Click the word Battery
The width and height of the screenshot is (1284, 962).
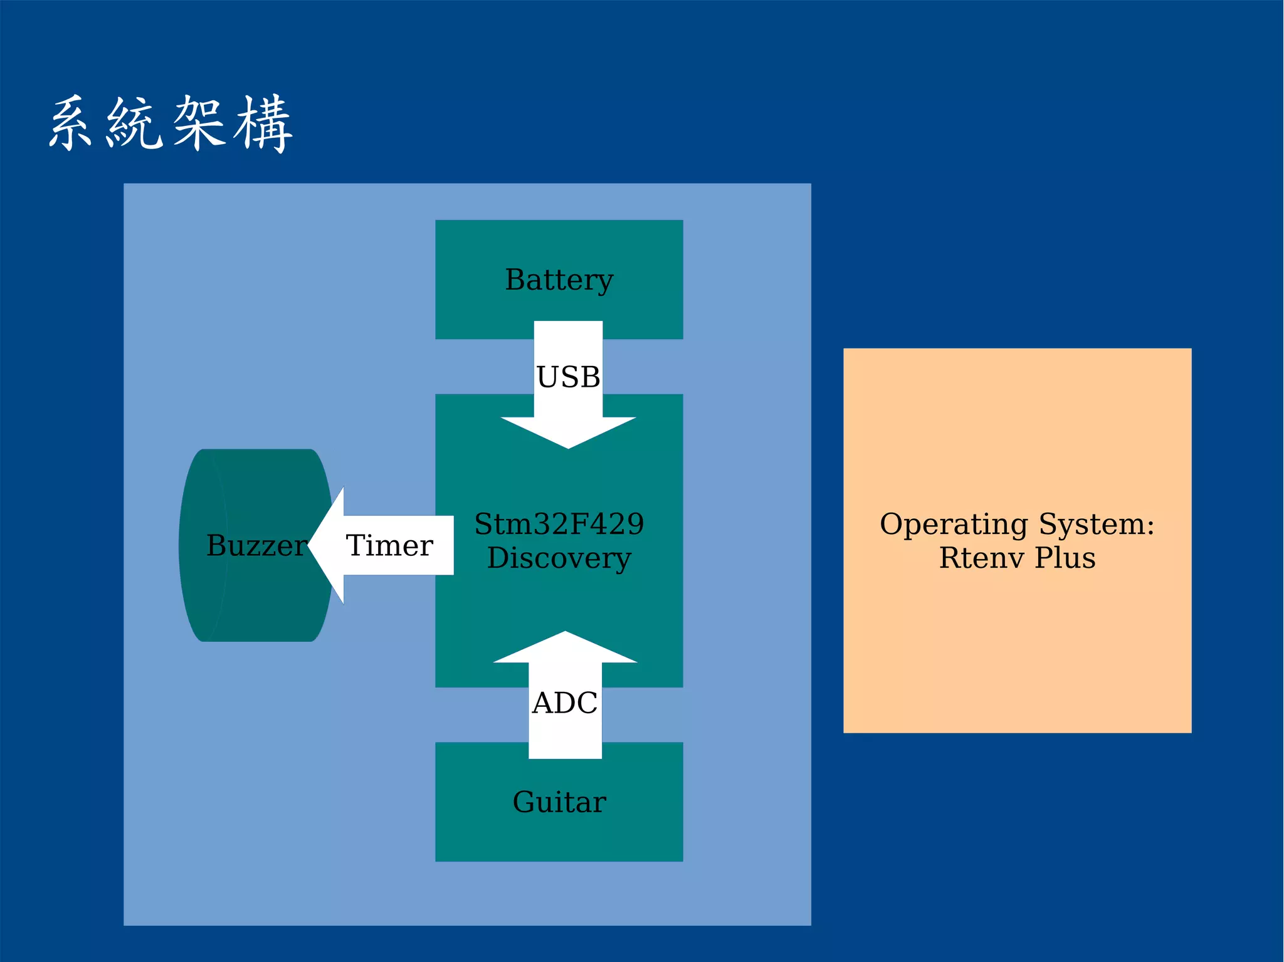point(559,280)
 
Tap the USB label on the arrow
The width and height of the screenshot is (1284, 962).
point(568,377)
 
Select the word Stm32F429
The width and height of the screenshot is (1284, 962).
point(559,524)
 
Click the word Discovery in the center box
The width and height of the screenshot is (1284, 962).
point(559,558)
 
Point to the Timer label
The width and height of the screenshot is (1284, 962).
point(389,545)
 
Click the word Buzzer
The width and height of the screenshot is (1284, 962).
point(256,545)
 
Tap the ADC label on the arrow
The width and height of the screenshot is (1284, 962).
point(564,703)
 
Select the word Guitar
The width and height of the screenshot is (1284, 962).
point(559,802)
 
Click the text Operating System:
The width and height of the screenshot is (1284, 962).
point(1016,524)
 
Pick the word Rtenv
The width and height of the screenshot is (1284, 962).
point(981,558)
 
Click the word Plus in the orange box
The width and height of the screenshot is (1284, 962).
point(1065,558)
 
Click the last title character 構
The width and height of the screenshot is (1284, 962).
point(263,123)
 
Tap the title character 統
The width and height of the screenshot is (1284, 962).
point(134,123)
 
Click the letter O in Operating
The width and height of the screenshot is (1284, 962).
point(892,524)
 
